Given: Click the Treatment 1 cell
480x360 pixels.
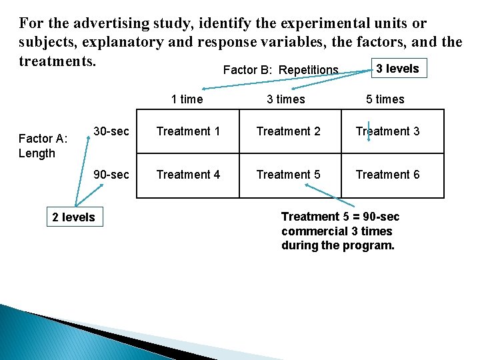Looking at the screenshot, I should pos(188,131).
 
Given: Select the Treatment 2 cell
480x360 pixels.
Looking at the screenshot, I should pos(288,131).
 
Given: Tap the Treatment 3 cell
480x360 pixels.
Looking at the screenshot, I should pos(387,131).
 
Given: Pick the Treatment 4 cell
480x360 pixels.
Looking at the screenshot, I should pos(188,175).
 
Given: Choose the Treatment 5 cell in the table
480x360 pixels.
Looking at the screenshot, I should pos(288,175).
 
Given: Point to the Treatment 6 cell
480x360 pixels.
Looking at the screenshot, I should pos(387,175).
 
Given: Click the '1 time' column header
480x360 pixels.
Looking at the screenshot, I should pos(187,99).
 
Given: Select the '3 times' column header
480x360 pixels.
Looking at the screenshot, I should pos(286,99).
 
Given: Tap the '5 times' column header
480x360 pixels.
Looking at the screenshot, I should pos(385,99).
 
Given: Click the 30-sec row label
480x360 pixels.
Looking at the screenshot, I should pos(111,131).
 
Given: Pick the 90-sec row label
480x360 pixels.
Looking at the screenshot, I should pos(111,175).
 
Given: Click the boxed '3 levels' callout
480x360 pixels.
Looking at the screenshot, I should pos(398,69).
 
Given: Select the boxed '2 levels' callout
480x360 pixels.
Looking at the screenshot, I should pos(73,217).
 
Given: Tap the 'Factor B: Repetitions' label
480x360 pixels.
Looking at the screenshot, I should pos(281,70).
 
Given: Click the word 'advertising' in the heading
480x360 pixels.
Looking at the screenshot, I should pos(109,24).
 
